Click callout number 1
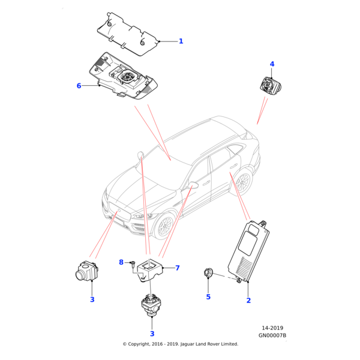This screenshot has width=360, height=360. [181, 41]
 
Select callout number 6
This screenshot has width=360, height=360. [79, 86]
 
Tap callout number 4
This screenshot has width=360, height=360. [272, 64]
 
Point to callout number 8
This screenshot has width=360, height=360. [121, 262]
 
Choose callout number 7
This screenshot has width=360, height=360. [178, 268]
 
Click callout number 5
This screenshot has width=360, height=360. [209, 296]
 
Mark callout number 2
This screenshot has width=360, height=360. [248, 300]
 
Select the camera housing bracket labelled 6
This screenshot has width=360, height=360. [123, 78]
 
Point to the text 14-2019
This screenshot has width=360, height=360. [272, 328]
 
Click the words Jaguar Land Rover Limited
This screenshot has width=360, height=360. [207, 344]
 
